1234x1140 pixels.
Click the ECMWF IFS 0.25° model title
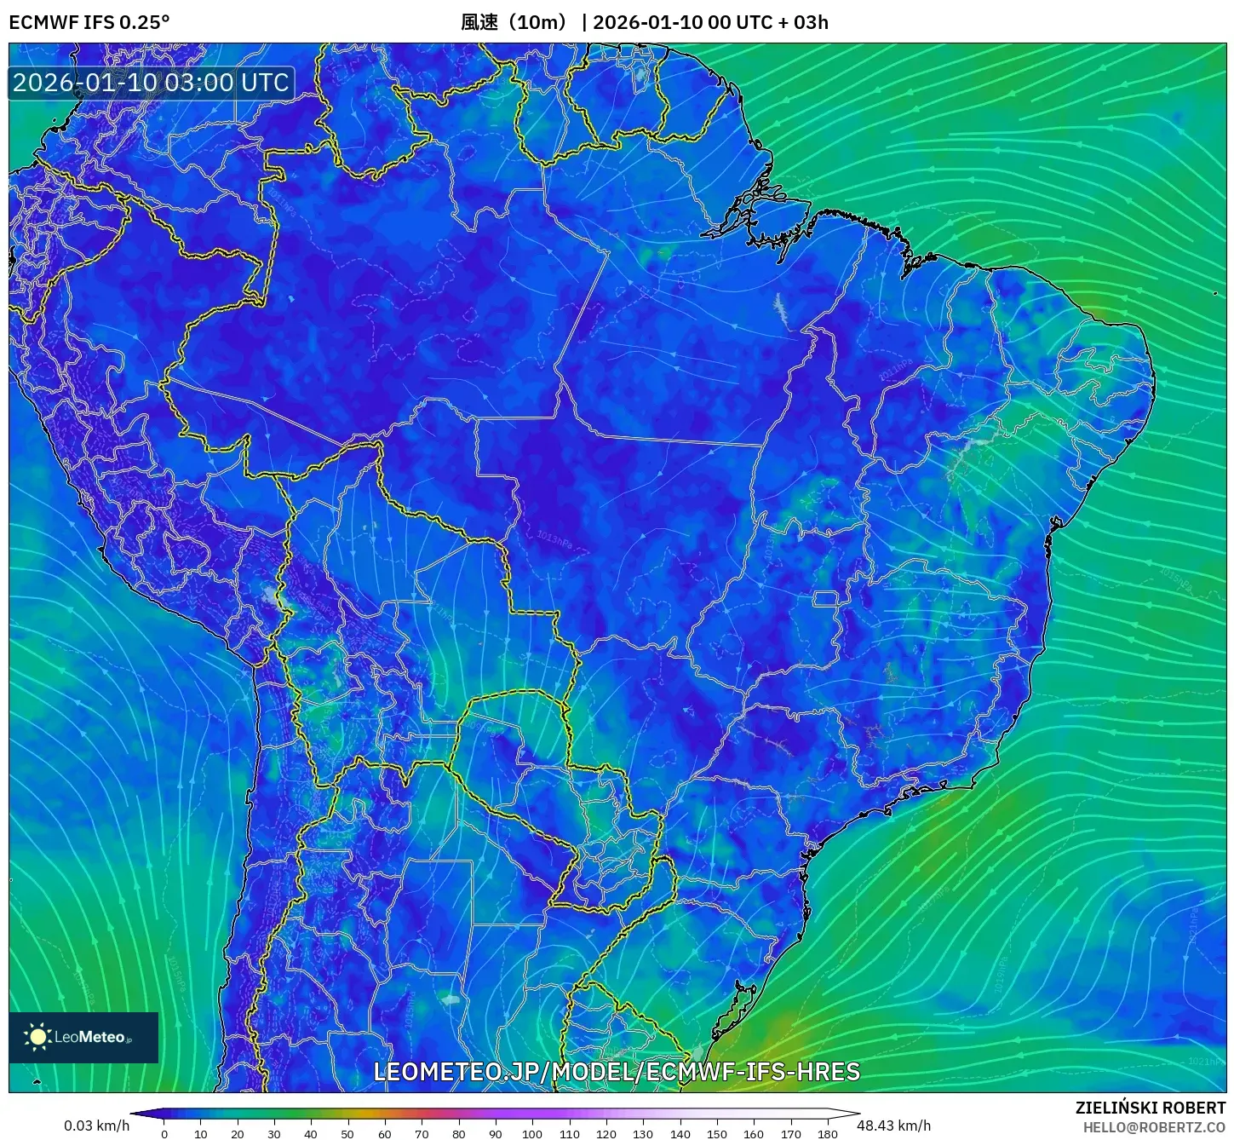coord(89,22)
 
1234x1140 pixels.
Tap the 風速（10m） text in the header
coord(514,22)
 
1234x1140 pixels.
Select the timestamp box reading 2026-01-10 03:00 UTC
coord(152,83)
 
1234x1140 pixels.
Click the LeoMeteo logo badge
coord(83,1037)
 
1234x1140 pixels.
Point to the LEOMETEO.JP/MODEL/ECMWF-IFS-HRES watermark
coord(617,1072)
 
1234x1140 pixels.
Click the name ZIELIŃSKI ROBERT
coord(1150,1108)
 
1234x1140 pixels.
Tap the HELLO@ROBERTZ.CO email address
coord(1154,1127)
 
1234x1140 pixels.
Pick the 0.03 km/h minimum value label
coord(96,1126)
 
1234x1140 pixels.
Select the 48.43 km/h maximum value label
coord(893,1126)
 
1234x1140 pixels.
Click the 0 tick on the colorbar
coord(164,1133)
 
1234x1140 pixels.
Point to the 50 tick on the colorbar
coord(347,1133)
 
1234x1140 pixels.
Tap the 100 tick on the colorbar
coord(532,1133)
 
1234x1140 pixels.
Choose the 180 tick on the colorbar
coord(827,1133)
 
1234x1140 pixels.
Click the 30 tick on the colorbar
coord(274,1133)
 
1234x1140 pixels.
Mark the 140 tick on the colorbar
coord(680,1133)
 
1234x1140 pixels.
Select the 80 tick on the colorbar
coord(458,1133)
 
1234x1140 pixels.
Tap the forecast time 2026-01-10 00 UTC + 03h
coord(710,22)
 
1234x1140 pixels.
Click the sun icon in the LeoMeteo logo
coord(38,1037)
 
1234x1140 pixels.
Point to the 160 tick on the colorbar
coord(754,1133)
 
